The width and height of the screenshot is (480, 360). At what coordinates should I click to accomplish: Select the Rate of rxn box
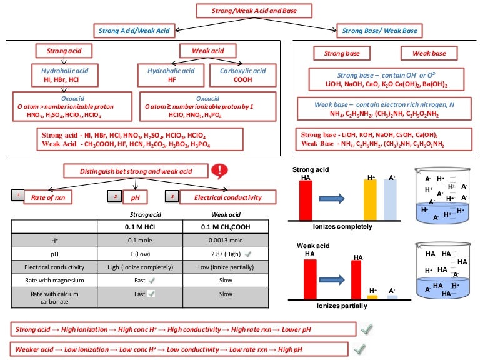tap(54, 197)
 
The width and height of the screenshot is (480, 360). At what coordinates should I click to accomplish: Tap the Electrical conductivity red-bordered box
tap(221, 197)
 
